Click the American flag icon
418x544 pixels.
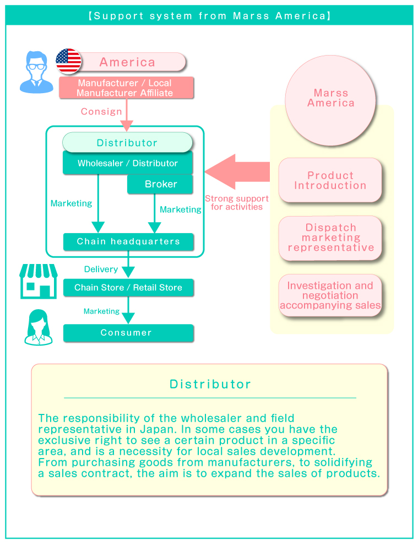click(68, 61)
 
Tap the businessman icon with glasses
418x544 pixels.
click(37, 72)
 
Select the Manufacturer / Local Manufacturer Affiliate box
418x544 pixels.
click(126, 88)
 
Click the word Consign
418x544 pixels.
click(101, 111)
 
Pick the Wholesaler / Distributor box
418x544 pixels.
click(127, 163)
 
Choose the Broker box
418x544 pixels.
click(160, 184)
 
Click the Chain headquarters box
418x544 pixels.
click(128, 241)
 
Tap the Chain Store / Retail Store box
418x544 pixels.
click(128, 287)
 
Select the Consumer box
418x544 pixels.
click(128, 333)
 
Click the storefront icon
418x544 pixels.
click(39, 281)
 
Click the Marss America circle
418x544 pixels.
click(330, 100)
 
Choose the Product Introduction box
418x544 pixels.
click(330, 180)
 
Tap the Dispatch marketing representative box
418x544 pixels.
click(330, 238)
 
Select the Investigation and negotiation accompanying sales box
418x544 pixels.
click(330, 295)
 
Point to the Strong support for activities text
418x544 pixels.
click(237, 202)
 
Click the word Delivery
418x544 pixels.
click(101, 269)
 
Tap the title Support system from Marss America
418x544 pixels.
click(209, 15)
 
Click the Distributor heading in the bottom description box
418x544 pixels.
click(210, 384)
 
